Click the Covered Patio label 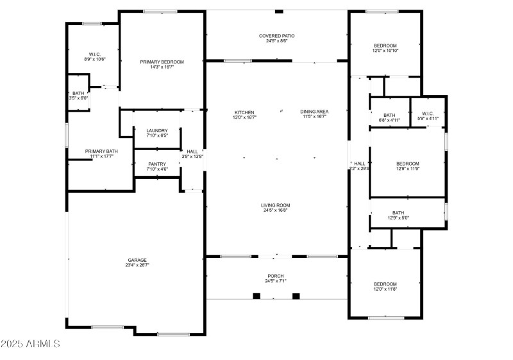point(277,36)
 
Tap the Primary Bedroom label point(162,62)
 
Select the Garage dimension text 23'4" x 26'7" point(139,264)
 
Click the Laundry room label point(157,130)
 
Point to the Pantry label point(157,164)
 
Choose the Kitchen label point(244,112)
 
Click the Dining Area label point(314,112)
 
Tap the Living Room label point(276,205)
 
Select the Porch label point(276,276)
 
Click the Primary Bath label point(101,151)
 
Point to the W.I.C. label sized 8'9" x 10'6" point(95,54)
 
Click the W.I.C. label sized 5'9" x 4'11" point(428,115)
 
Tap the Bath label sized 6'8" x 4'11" point(389,115)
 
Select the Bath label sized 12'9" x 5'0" point(398,213)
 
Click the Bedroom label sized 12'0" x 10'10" point(385,46)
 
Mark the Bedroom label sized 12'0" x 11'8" point(385,284)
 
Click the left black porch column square point(256,296)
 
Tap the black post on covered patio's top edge point(278,11)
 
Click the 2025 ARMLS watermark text point(30,344)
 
